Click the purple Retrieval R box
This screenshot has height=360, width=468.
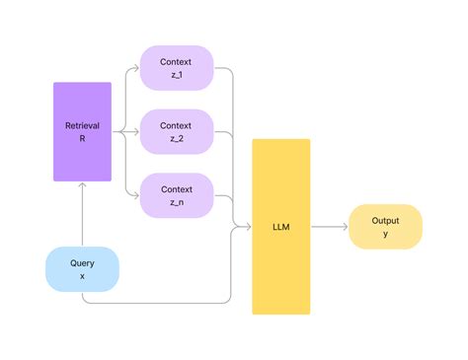(83, 131)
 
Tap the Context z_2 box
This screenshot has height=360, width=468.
(177, 131)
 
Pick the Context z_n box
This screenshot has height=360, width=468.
(177, 194)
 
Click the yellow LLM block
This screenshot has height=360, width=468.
(281, 226)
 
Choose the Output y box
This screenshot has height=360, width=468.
(385, 226)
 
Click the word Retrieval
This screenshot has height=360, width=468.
(83, 124)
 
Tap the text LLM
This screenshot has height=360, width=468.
(281, 226)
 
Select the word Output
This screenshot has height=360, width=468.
(385, 220)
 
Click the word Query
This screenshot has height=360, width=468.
(83, 263)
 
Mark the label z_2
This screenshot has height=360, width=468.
(177, 139)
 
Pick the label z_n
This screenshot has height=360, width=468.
(177, 201)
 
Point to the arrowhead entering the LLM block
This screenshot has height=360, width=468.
(248, 226)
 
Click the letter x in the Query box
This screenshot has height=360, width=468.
(83, 277)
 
